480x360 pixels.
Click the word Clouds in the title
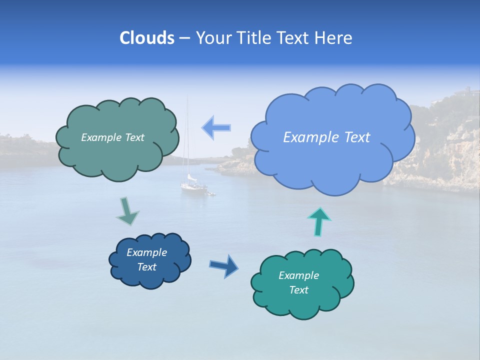click(x=147, y=38)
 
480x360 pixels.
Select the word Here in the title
click(x=333, y=38)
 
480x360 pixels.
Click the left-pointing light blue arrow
click(x=216, y=127)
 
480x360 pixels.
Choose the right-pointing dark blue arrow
click(x=224, y=265)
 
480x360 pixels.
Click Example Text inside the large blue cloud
click(x=326, y=137)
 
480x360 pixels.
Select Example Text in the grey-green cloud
click(x=112, y=137)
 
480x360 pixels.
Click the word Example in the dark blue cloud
click(x=146, y=252)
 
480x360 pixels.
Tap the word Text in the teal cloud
click(x=298, y=290)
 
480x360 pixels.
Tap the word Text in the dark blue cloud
click(x=146, y=267)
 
